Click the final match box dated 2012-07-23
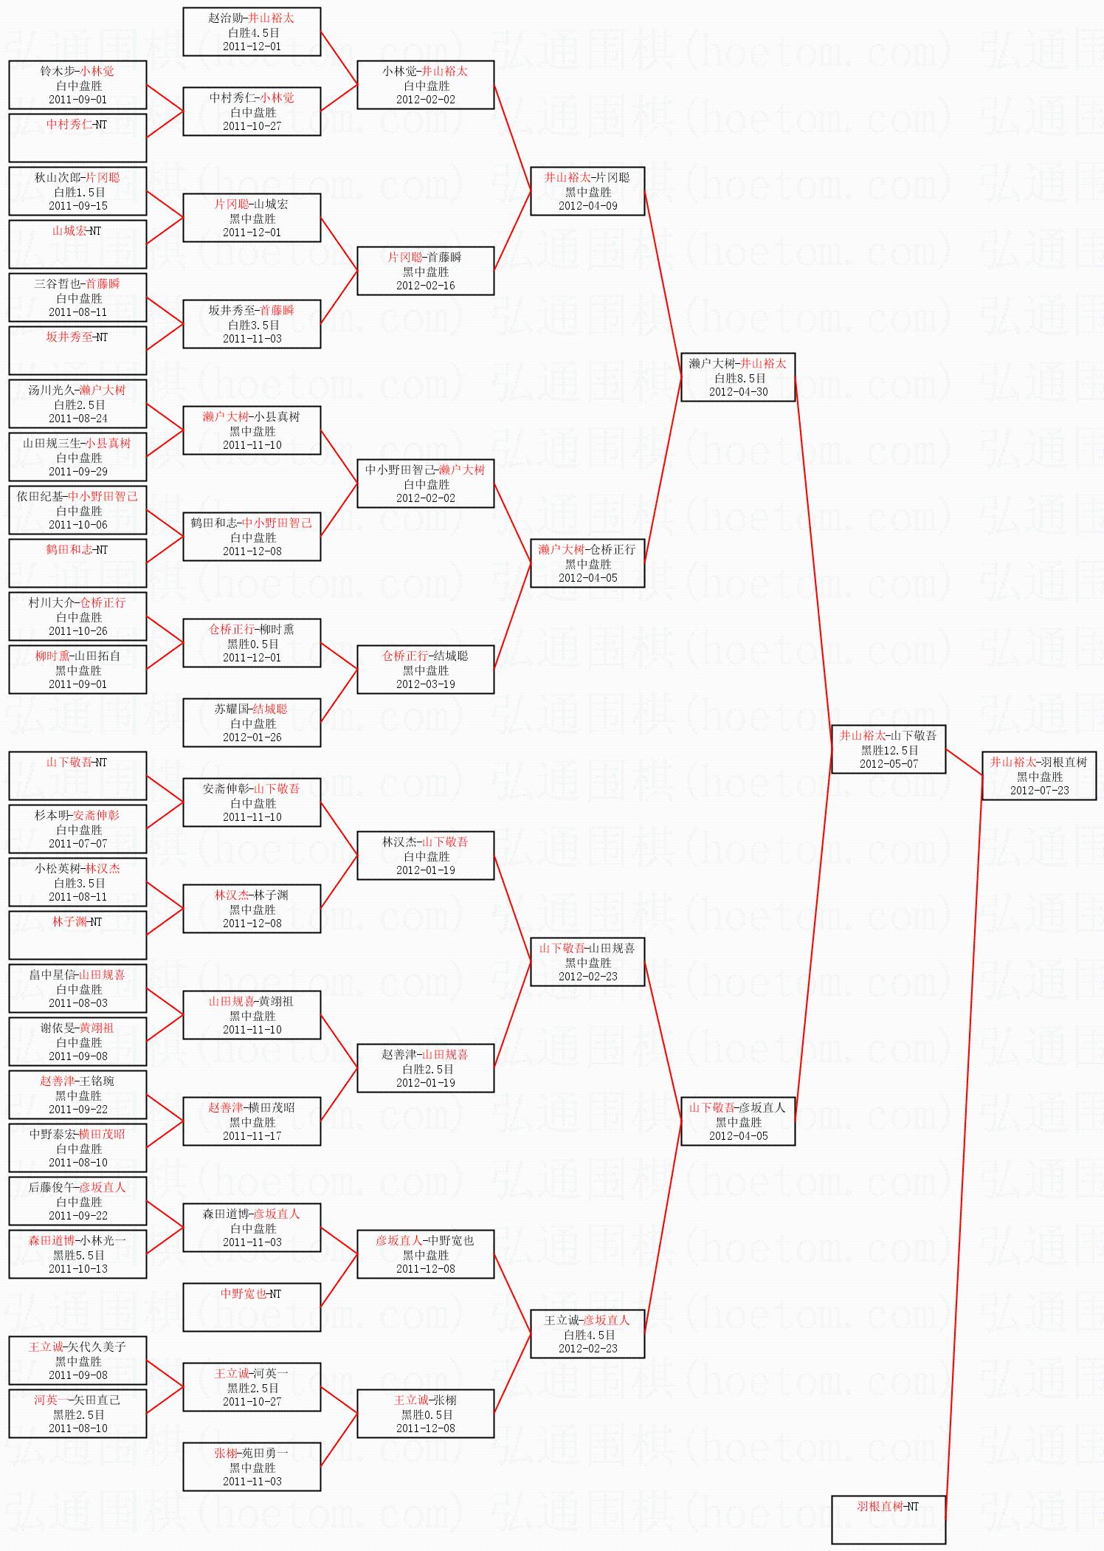click(x=1039, y=776)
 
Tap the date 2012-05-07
click(x=889, y=764)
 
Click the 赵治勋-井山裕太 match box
click(x=252, y=32)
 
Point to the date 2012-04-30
click(x=738, y=392)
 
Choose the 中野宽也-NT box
click(x=252, y=1307)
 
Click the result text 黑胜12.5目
click(x=889, y=750)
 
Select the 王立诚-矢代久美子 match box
click(x=77, y=1361)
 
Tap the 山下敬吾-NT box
click(x=77, y=776)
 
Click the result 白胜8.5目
click(x=739, y=378)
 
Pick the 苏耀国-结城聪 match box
click(x=252, y=723)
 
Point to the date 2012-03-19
click(x=425, y=684)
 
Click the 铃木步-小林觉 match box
click(x=77, y=85)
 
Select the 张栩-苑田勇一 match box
click(x=252, y=1467)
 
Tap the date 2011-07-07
click(x=77, y=844)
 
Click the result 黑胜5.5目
click(x=78, y=1255)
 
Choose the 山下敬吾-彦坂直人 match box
click(x=738, y=1121)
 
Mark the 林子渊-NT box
click(x=77, y=935)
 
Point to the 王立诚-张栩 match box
click(x=425, y=1414)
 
